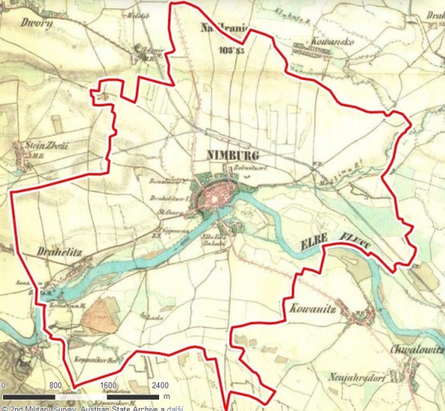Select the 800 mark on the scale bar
[x=56, y=385]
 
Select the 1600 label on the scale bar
[x=107, y=385]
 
